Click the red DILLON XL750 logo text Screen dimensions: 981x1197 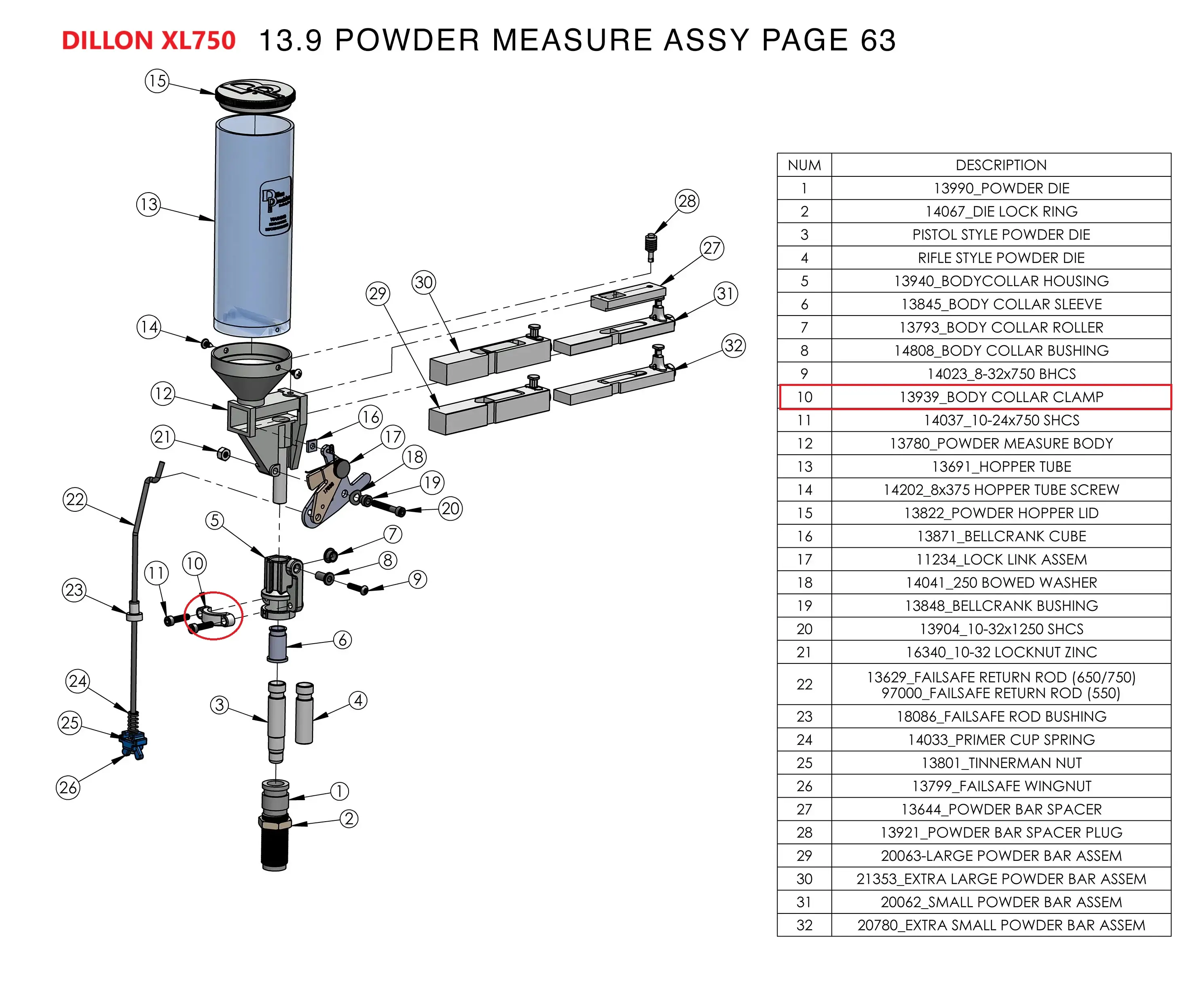pos(148,41)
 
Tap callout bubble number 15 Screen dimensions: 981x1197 pos(157,81)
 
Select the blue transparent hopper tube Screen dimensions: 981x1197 pos(253,226)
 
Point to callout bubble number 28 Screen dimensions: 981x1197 pos(687,201)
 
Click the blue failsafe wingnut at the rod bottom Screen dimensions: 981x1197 pos(133,745)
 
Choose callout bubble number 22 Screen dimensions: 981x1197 pos(75,500)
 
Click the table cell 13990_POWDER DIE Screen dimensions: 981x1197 pos(1001,188)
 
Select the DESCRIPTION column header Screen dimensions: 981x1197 pos(1001,165)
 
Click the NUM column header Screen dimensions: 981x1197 pos(804,165)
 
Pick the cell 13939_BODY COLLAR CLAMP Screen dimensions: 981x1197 pos(1001,397)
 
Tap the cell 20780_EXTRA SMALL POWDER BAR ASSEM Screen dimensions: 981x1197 pos(1001,925)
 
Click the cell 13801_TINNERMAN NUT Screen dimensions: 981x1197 pos(1001,763)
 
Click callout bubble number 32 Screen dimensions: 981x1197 pos(733,345)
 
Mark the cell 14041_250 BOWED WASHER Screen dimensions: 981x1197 pos(1001,583)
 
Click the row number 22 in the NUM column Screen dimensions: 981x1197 pos(804,684)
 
